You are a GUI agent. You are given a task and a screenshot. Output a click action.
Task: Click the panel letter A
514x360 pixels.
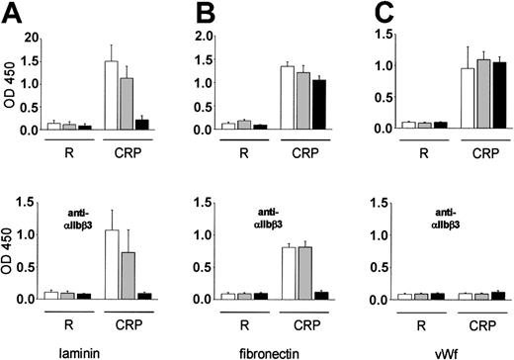tap(12, 13)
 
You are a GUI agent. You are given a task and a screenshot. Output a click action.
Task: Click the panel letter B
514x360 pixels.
tap(184, 13)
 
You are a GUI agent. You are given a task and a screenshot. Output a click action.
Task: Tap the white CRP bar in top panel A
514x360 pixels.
tap(111, 95)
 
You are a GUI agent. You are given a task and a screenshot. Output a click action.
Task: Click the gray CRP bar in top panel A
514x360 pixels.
tap(126, 104)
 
